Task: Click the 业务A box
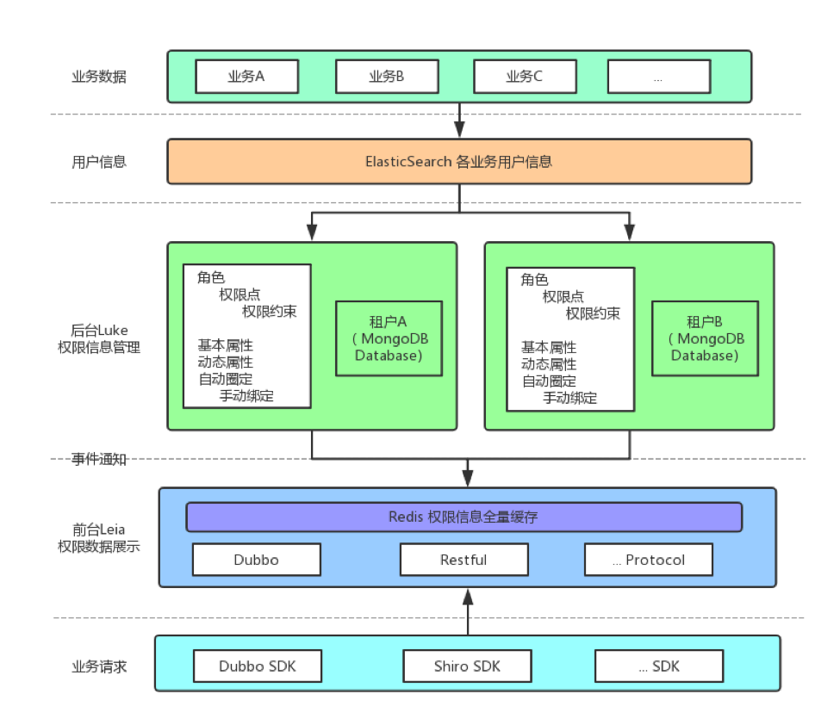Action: [x=246, y=77]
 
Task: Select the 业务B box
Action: [x=386, y=77]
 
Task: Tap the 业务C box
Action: [x=524, y=77]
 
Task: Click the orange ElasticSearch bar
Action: [x=459, y=162]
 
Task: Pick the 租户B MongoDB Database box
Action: [x=705, y=338]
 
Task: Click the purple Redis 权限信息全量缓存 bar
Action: [x=464, y=517]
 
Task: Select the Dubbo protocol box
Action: [x=256, y=560]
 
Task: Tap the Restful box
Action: [x=464, y=560]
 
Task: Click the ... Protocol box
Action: [x=648, y=560]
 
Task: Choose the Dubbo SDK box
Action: [x=257, y=666]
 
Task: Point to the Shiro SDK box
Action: [x=467, y=666]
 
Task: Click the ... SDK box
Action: [x=658, y=666]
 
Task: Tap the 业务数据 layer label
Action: [x=98, y=77]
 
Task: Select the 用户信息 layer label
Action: [x=98, y=162]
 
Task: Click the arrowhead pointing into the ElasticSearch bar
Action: [x=459, y=131]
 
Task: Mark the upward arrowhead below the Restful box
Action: [x=467, y=596]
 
